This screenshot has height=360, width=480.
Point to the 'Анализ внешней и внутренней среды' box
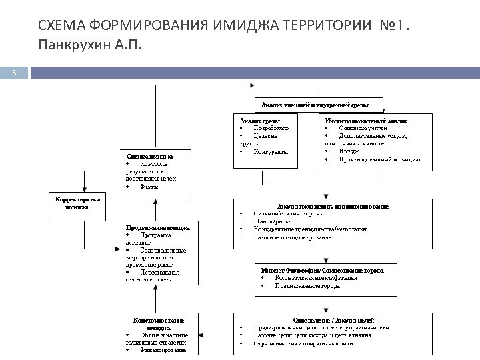pyautogui.click(x=320, y=105)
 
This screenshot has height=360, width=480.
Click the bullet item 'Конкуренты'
pyautogui.click(x=271, y=152)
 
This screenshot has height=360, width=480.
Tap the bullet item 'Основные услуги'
pyautogui.click(x=363, y=128)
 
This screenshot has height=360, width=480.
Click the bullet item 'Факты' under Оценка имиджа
pyautogui.click(x=149, y=187)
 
